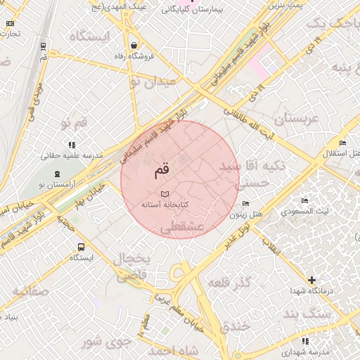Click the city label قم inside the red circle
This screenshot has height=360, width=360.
pos(161,169)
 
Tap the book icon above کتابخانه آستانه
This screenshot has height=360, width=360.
pos(165,193)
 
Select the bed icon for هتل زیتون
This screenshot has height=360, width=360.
pos(245,203)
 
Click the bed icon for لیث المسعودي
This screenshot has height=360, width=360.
pos(304,201)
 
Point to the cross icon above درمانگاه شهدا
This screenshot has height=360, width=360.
pos(311,280)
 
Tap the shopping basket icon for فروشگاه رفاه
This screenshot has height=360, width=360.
pos(133,46)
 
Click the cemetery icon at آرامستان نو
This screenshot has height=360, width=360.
pos(56,173)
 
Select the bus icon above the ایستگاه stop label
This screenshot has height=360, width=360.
pos(81,247)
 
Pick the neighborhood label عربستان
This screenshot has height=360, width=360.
pos(297,119)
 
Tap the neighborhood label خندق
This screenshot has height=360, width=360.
pos(234,326)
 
